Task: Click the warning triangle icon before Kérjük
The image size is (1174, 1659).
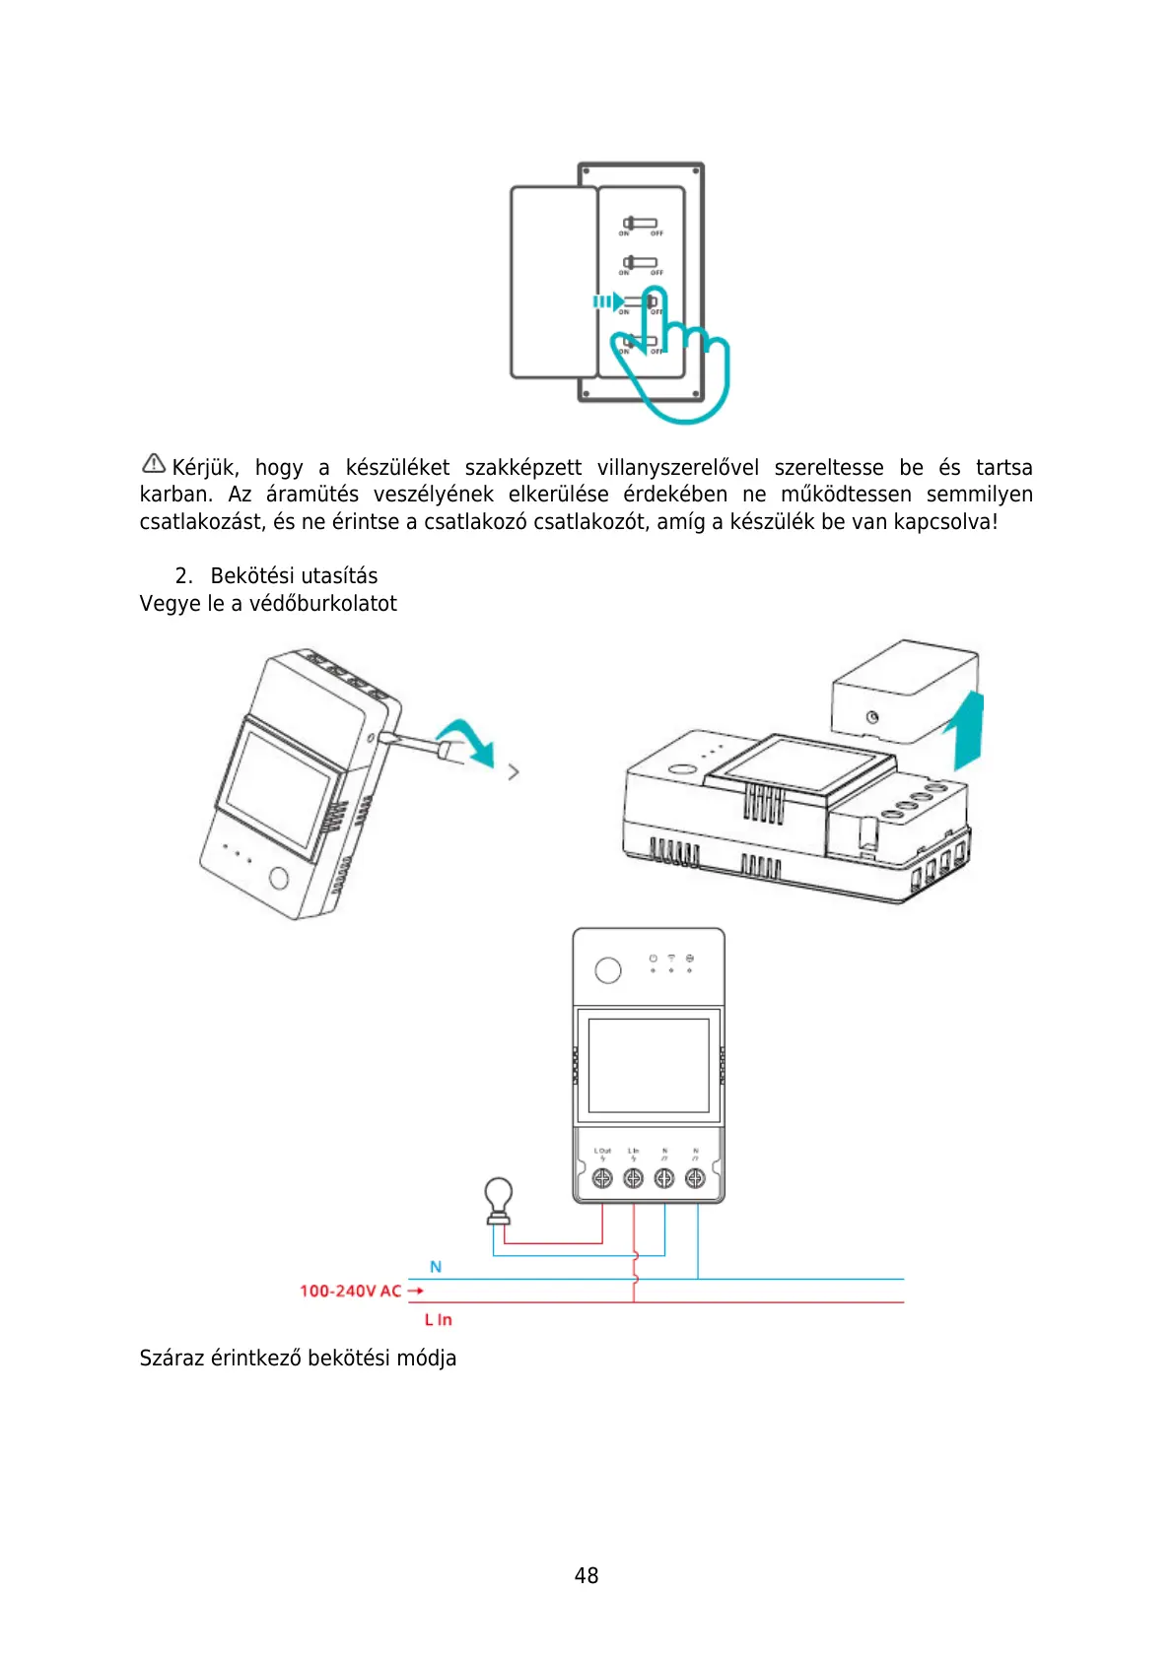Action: tap(154, 463)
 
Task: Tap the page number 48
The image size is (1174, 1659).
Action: tap(587, 1575)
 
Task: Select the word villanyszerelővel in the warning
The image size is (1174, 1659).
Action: tap(677, 467)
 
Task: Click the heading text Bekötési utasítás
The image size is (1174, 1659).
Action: tap(294, 576)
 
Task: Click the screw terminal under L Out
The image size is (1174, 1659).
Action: tap(602, 1178)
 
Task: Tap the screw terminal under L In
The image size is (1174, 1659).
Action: tap(634, 1178)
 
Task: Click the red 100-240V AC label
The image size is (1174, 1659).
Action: tap(350, 1291)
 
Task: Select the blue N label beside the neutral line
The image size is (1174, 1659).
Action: tap(436, 1267)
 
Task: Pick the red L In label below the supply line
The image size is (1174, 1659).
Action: tap(438, 1320)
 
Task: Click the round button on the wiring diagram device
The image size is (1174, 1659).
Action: tap(608, 970)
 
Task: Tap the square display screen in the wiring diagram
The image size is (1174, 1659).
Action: tap(649, 1065)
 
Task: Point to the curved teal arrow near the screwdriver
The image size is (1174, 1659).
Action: tap(468, 740)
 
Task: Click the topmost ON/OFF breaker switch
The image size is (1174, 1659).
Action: tap(640, 224)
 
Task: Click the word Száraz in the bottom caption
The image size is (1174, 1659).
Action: tap(171, 1359)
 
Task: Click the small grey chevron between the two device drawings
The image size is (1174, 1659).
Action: tap(514, 772)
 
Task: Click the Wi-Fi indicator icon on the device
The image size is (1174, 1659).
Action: tap(671, 958)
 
